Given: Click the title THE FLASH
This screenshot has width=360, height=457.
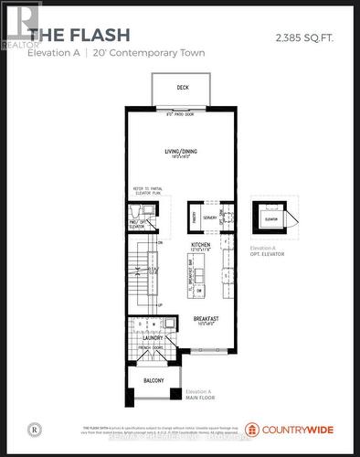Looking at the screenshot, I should click(x=78, y=35).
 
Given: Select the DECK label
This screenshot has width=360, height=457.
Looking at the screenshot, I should click(x=183, y=90).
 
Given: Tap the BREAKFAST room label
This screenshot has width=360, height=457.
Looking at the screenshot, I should click(x=205, y=318).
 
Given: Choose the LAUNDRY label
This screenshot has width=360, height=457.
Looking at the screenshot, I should click(x=152, y=337).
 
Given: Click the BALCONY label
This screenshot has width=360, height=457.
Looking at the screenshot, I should click(x=152, y=380).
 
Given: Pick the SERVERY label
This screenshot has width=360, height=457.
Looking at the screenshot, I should click(x=210, y=218).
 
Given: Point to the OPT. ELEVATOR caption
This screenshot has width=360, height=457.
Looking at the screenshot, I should click(x=265, y=255).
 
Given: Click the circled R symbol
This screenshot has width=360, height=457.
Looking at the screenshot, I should click(x=34, y=428).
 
